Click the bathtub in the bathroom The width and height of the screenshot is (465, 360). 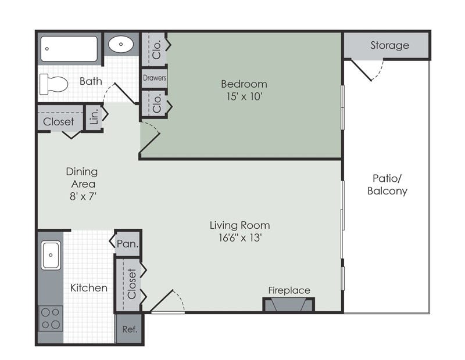(69, 49)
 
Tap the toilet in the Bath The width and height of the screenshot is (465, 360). (53, 84)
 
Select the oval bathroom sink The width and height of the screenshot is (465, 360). (121, 44)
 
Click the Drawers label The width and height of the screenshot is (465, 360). (154, 78)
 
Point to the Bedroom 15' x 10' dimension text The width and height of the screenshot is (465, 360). (244, 97)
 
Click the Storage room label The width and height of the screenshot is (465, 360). (389, 45)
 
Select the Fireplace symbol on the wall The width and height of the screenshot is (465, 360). (289, 305)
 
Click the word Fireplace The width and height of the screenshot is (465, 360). (289, 290)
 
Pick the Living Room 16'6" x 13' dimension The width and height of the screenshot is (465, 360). (239, 237)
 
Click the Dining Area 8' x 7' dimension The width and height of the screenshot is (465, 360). (81, 197)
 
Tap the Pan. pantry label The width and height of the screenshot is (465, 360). (128, 244)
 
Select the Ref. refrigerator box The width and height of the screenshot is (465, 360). (129, 329)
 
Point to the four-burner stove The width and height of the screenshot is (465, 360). (51, 318)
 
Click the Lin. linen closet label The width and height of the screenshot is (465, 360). (94, 117)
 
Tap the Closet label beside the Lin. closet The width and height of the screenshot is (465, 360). (59, 121)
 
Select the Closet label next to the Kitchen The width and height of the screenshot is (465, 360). (131, 283)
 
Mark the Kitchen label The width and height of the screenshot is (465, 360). (89, 287)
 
